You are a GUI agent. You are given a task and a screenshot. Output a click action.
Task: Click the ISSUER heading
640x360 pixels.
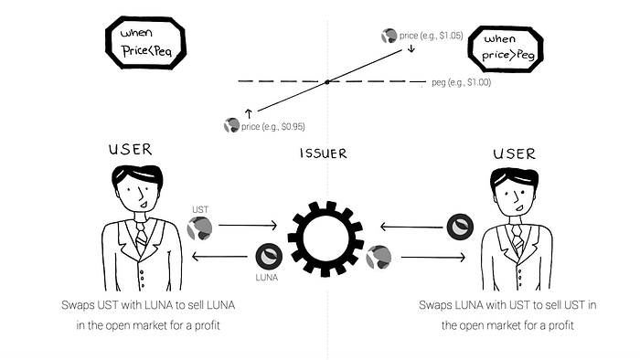pos(324,154)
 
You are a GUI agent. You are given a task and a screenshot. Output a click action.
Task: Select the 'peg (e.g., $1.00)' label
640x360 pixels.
pos(461,82)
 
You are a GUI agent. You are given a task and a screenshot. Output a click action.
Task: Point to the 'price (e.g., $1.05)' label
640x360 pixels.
pos(431,36)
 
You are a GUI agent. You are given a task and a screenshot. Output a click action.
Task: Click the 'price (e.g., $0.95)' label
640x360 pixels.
pos(273,127)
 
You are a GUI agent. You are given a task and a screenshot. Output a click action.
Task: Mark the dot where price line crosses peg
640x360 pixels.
pos(327,82)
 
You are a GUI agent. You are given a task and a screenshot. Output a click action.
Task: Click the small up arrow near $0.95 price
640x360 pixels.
pos(249,113)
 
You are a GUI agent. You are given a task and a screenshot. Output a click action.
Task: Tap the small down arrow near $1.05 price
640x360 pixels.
pos(411,48)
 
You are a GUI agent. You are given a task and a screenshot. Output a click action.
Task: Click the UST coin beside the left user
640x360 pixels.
pos(199,228)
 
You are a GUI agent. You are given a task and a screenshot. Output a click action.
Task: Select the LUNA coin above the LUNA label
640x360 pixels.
pos(269,257)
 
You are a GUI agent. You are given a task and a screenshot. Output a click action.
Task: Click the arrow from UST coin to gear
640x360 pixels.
pos(248,225)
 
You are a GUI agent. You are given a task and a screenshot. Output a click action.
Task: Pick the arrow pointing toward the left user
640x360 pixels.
pos(219,257)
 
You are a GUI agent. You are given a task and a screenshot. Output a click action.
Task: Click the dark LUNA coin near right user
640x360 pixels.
pos(460,227)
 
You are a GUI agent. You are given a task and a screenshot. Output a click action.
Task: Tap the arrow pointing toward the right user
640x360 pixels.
pos(433,258)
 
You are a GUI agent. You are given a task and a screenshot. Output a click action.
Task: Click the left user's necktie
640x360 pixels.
pos(141,237)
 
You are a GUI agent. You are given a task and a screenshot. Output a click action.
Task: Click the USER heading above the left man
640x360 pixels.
pos(130,149)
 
